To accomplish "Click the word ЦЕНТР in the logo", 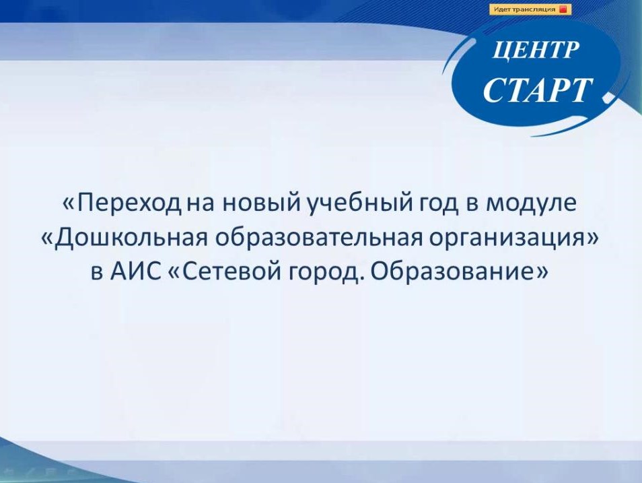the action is point(536,51).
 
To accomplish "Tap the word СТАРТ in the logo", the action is point(538,90).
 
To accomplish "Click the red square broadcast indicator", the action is point(563,9).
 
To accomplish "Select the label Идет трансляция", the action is point(524,9).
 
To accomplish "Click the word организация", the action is point(507,238).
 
